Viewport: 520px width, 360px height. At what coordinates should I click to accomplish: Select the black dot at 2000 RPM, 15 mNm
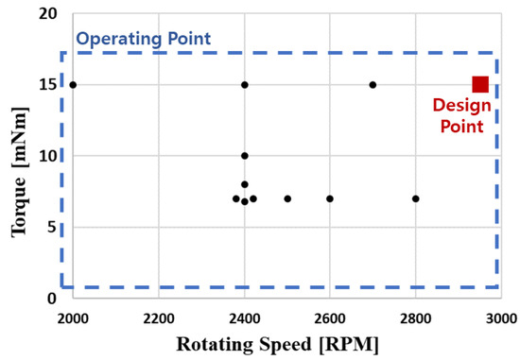(73, 85)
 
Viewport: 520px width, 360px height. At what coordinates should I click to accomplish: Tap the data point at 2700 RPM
(373, 85)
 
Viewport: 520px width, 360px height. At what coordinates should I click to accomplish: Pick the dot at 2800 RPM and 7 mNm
(415, 198)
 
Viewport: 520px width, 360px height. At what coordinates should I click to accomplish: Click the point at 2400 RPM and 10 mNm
(245, 156)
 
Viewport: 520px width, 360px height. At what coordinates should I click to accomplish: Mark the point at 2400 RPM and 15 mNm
(245, 85)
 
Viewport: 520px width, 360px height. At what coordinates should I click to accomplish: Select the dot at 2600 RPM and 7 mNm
(330, 198)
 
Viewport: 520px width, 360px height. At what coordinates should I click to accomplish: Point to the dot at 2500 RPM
(287, 198)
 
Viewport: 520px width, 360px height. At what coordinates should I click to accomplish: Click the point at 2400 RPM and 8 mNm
(245, 184)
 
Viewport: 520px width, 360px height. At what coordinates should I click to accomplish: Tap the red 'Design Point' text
(458, 113)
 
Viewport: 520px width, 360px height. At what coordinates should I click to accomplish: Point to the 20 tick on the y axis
(49, 14)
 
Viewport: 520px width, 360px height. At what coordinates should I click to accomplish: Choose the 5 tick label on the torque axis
(53, 227)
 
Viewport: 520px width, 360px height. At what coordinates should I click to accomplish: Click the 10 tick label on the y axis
(49, 156)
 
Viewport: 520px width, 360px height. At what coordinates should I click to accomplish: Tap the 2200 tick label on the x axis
(159, 319)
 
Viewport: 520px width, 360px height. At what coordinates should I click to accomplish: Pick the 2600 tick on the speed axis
(330, 319)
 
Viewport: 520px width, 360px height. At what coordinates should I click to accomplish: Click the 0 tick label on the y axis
(53, 299)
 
